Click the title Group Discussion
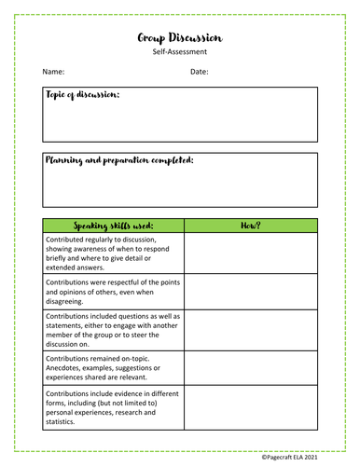pos(179,37)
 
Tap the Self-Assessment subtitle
pos(179,53)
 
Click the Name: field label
pos(52,72)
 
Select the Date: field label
pos(199,72)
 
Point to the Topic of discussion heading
pos(82,95)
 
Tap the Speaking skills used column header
pos(113,226)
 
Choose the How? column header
pos(250,226)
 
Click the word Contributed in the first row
pos(67,240)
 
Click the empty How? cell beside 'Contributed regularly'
pos(250,254)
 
